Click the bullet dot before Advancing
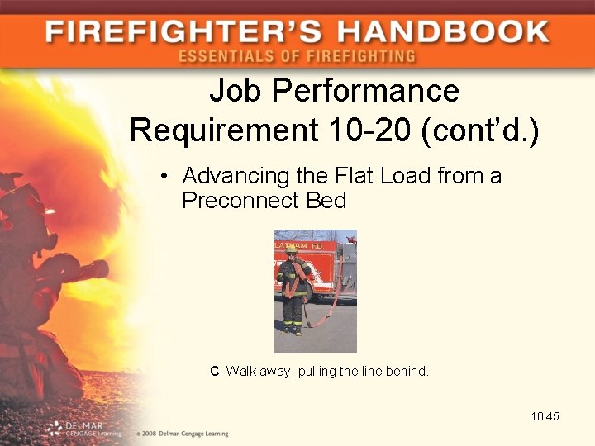click(x=166, y=177)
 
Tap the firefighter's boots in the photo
click(x=292, y=330)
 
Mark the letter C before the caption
click(x=215, y=372)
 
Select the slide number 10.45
click(x=545, y=416)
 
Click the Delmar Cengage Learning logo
click(x=83, y=428)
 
